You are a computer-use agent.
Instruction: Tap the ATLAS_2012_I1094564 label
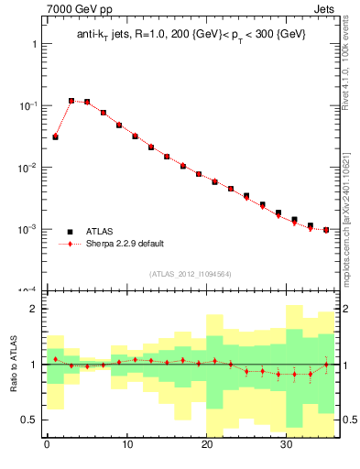click(x=191, y=273)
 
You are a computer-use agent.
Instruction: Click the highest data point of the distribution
click(x=71, y=101)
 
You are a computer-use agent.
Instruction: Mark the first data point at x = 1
click(x=55, y=136)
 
